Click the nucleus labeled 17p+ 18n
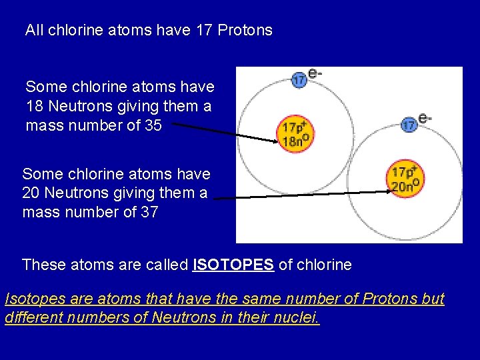(x=295, y=133)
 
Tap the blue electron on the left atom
(x=299, y=79)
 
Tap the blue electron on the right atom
(x=409, y=123)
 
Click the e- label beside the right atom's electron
(x=425, y=118)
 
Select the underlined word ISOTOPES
(x=233, y=265)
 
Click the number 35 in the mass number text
(x=153, y=125)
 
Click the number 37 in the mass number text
(x=149, y=213)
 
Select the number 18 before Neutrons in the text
(x=35, y=106)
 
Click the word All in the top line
(x=34, y=30)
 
